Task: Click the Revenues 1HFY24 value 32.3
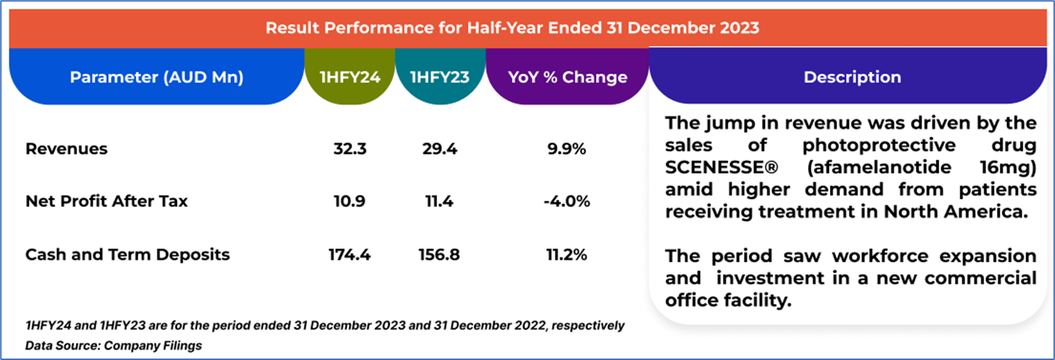point(350,149)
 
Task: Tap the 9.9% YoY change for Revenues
point(566,149)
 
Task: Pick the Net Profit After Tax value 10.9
point(350,201)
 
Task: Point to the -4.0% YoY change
point(566,201)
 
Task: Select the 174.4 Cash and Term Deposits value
point(350,254)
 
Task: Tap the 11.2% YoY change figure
point(566,254)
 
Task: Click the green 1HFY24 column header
point(350,77)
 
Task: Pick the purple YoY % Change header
point(566,77)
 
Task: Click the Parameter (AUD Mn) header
point(156,77)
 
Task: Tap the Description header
point(852,77)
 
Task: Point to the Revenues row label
point(66,149)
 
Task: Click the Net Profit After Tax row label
point(106,201)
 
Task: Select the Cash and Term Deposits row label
point(128,254)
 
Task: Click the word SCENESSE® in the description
point(722,167)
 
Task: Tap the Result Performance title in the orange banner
point(511,28)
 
